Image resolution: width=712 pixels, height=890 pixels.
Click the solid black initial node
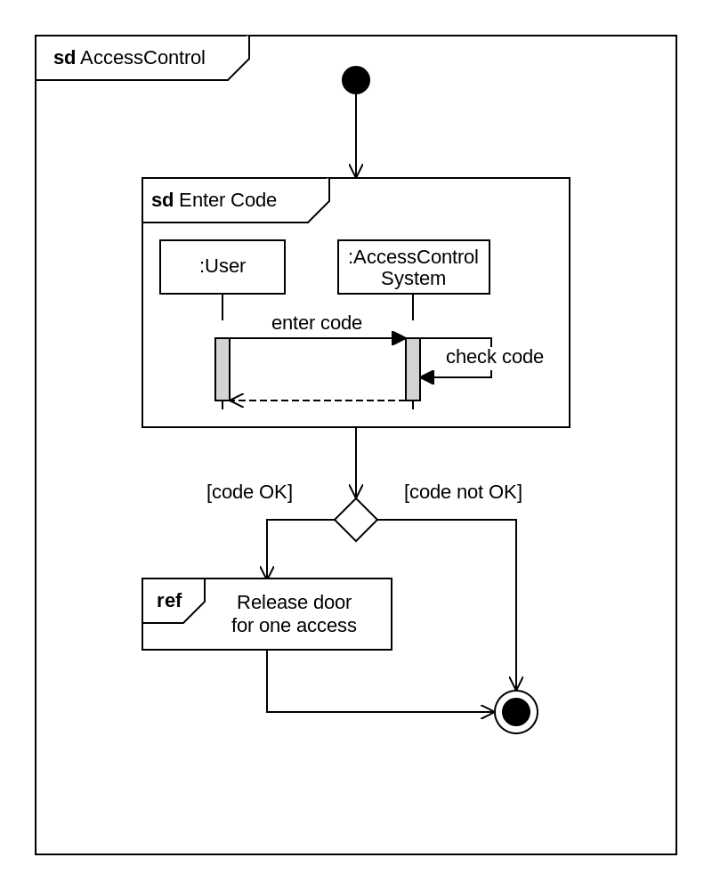click(356, 80)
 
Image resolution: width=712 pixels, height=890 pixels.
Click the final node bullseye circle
click(516, 712)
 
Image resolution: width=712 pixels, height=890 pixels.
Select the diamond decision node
click(356, 520)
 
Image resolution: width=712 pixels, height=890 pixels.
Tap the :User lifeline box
click(222, 267)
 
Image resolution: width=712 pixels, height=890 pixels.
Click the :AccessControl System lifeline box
click(413, 267)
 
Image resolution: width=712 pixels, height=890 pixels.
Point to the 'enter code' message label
click(317, 322)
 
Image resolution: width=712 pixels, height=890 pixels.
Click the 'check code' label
click(495, 357)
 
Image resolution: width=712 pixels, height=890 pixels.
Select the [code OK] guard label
click(249, 491)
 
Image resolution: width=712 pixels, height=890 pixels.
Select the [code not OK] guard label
click(463, 491)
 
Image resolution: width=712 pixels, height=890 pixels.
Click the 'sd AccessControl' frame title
click(129, 57)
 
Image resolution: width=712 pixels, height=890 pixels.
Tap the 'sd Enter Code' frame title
click(214, 199)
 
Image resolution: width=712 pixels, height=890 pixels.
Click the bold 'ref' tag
click(169, 600)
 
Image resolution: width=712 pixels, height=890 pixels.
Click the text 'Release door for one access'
click(294, 613)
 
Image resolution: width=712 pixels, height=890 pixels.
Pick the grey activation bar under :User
click(222, 369)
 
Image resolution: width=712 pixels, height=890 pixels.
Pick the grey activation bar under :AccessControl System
click(413, 369)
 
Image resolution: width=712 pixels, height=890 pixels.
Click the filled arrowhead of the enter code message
click(399, 338)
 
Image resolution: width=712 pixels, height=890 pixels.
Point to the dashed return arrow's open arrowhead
click(236, 400)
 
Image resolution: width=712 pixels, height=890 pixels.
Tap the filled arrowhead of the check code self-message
click(427, 377)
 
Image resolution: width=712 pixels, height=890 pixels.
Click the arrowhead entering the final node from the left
click(489, 712)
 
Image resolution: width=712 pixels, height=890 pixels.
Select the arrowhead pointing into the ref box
click(267, 571)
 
